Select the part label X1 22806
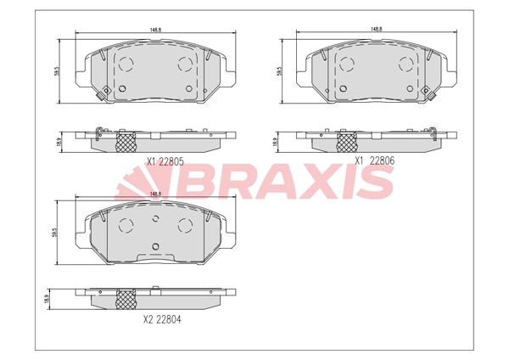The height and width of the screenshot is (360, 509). [x=374, y=159]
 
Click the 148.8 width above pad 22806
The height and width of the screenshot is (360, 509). [x=374, y=30]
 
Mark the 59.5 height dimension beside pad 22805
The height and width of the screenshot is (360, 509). [x=57, y=71]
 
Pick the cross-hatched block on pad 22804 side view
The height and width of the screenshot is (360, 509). [x=125, y=298]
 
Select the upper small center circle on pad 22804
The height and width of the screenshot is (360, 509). [x=155, y=219]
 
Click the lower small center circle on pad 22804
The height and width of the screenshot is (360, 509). [x=155, y=247]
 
